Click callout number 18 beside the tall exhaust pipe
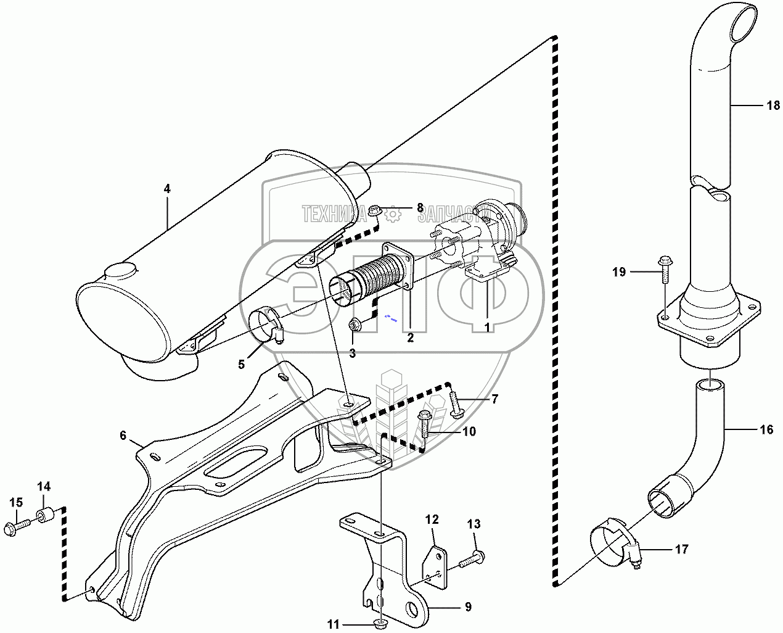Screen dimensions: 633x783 (773, 106)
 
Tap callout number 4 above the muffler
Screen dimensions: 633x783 (167, 189)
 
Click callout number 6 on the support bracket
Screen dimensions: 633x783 (123, 436)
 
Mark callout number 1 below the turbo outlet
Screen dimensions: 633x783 (488, 328)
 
